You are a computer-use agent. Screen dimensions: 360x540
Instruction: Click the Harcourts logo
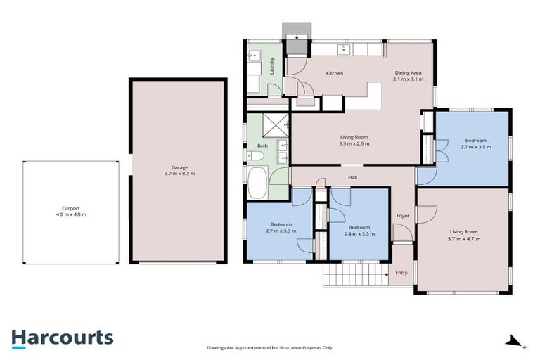click(62, 338)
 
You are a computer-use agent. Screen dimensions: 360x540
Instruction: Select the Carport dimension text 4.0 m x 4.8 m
click(70, 214)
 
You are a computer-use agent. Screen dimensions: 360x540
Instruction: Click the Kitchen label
click(333, 73)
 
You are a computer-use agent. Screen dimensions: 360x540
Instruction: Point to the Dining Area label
click(408, 72)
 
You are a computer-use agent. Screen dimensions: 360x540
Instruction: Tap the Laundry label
click(271, 66)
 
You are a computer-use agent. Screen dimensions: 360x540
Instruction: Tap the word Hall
click(352, 177)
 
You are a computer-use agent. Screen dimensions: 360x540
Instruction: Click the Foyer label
click(402, 216)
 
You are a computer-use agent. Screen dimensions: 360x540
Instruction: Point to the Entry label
click(401, 273)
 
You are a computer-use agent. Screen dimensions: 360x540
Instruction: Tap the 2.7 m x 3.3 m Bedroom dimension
click(280, 231)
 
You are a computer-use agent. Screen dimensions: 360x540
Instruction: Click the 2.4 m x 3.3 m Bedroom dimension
click(359, 233)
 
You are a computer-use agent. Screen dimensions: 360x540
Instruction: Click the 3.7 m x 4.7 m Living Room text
click(464, 239)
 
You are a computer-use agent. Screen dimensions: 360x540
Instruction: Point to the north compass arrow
click(516, 342)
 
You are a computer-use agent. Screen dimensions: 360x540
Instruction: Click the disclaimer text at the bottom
click(270, 347)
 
